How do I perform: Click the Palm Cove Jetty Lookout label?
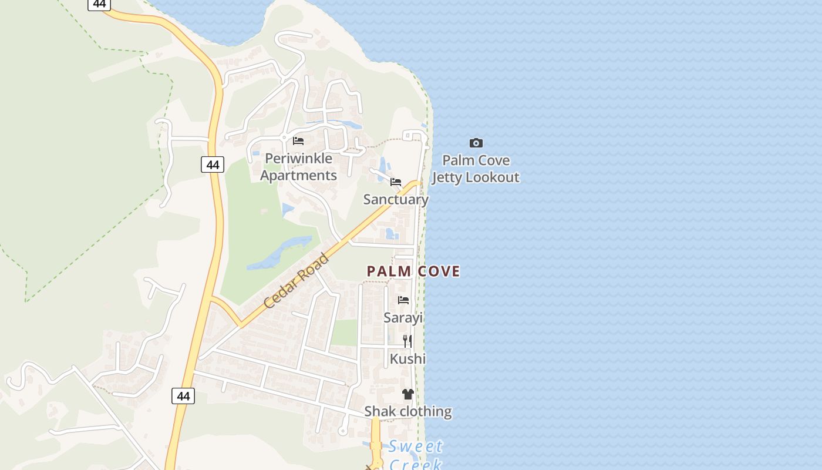coord(476,169)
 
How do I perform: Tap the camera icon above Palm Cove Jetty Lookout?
coord(476,143)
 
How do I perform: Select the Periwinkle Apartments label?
coord(298,167)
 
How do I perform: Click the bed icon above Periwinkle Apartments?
coord(298,141)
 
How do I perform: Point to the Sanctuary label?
coord(396,199)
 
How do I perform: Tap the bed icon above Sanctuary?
coord(396,182)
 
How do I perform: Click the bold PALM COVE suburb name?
coord(413,271)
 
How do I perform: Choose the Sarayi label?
coord(403,318)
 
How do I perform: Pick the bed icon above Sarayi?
coord(403,300)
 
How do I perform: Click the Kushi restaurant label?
coord(407,358)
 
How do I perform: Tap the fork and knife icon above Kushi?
coord(407,341)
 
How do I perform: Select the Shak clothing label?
coord(408,411)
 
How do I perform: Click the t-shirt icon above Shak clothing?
coord(408,394)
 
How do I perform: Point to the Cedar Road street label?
coord(296,281)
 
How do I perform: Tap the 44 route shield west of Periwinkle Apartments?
coord(213,164)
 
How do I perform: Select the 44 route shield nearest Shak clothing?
coord(183,396)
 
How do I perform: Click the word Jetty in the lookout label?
coord(447,177)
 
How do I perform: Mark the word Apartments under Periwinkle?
coord(298,175)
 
